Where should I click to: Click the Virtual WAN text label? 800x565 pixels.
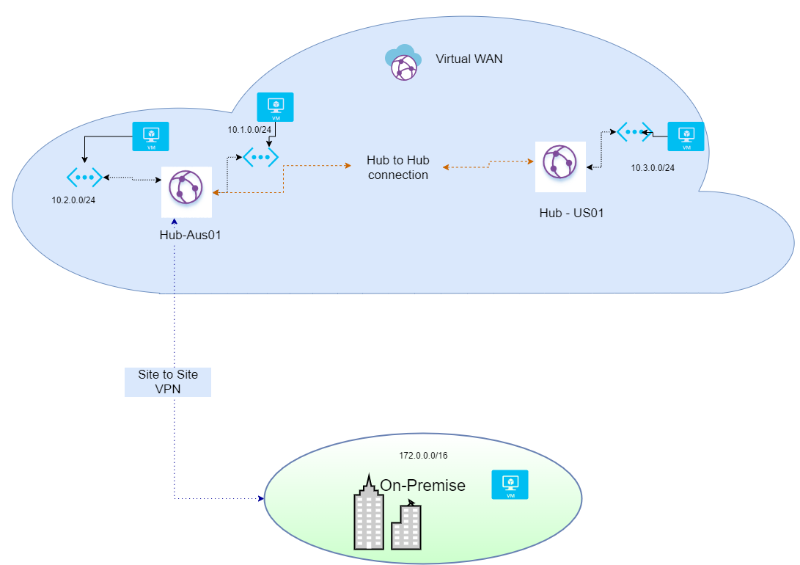[x=469, y=59]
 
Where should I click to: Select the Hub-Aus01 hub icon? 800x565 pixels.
[x=187, y=191]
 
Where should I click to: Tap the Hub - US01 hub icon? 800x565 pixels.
[x=560, y=166]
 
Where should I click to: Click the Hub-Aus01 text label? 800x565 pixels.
[x=190, y=236]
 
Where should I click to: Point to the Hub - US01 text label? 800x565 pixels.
[x=570, y=213]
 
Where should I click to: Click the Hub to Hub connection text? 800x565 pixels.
[x=398, y=167]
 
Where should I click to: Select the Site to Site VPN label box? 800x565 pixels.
[x=168, y=382]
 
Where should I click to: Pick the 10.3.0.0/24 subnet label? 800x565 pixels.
[x=653, y=168]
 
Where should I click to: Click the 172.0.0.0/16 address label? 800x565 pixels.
[x=423, y=456]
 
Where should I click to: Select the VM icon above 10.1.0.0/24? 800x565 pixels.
[x=276, y=107]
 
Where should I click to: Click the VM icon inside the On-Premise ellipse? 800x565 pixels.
[x=510, y=485]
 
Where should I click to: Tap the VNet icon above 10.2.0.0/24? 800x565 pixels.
[x=84, y=177]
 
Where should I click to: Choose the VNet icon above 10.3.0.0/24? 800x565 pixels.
[x=634, y=132]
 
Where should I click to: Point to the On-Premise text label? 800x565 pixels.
[x=422, y=485]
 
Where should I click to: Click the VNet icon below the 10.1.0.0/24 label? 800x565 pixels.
[x=260, y=156]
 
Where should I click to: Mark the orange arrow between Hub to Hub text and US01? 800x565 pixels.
[x=488, y=167]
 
